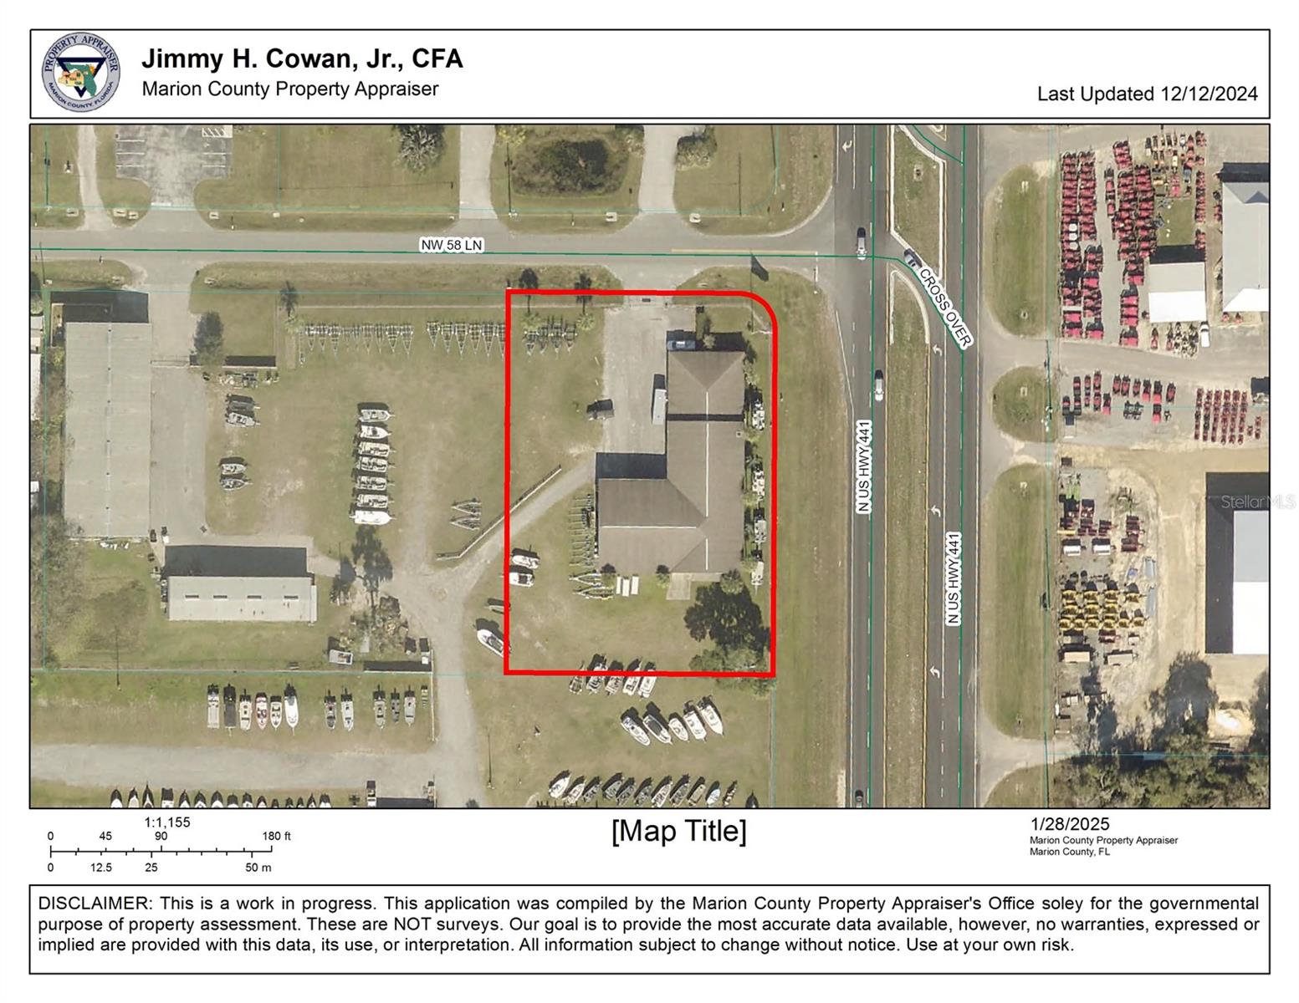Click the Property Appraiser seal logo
[80, 73]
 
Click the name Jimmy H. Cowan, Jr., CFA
[302, 59]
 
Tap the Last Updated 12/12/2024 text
[1147, 94]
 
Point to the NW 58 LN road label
[452, 245]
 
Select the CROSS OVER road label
[945, 307]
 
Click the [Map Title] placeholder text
[678, 832]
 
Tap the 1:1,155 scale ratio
[167, 822]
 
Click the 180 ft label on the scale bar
[276, 836]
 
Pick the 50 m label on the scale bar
[258, 868]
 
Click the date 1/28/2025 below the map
[1070, 825]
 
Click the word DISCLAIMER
[93, 904]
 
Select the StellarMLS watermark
[1256, 501]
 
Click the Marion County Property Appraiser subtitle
[290, 89]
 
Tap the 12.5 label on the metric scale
[101, 868]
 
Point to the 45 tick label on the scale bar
[105, 836]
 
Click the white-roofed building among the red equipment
[1176, 292]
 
